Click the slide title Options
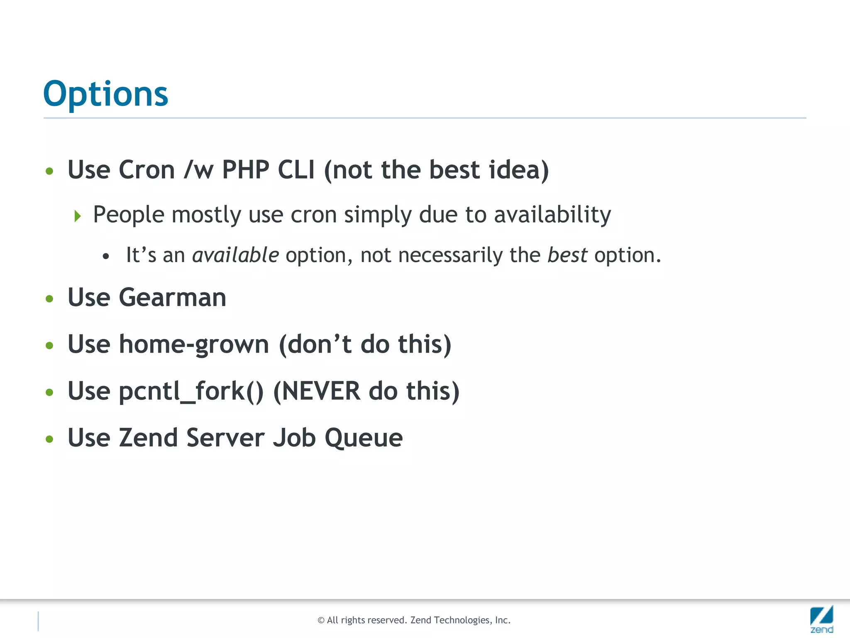(x=105, y=94)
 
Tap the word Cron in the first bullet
(x=147, y=170)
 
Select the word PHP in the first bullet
(x=246, y=170)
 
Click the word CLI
(x=296, y=170)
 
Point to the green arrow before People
(x=78, y=216)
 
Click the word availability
(x=552, y=215)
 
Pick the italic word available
(x=235, y=255)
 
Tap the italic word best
(x=567, y=255)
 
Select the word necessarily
(x=450, y=255)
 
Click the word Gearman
(x=173, y=298)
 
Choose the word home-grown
(x=194, y=345)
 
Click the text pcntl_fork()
(x=191, y=391)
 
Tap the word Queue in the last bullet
(x=364, y=438)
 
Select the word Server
(x=225, y=438)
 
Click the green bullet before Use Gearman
(x=50, y=299)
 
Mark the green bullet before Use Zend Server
(x=50, y=439)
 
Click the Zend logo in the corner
(x=821, y=619)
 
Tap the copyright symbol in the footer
(x=321, y=621)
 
